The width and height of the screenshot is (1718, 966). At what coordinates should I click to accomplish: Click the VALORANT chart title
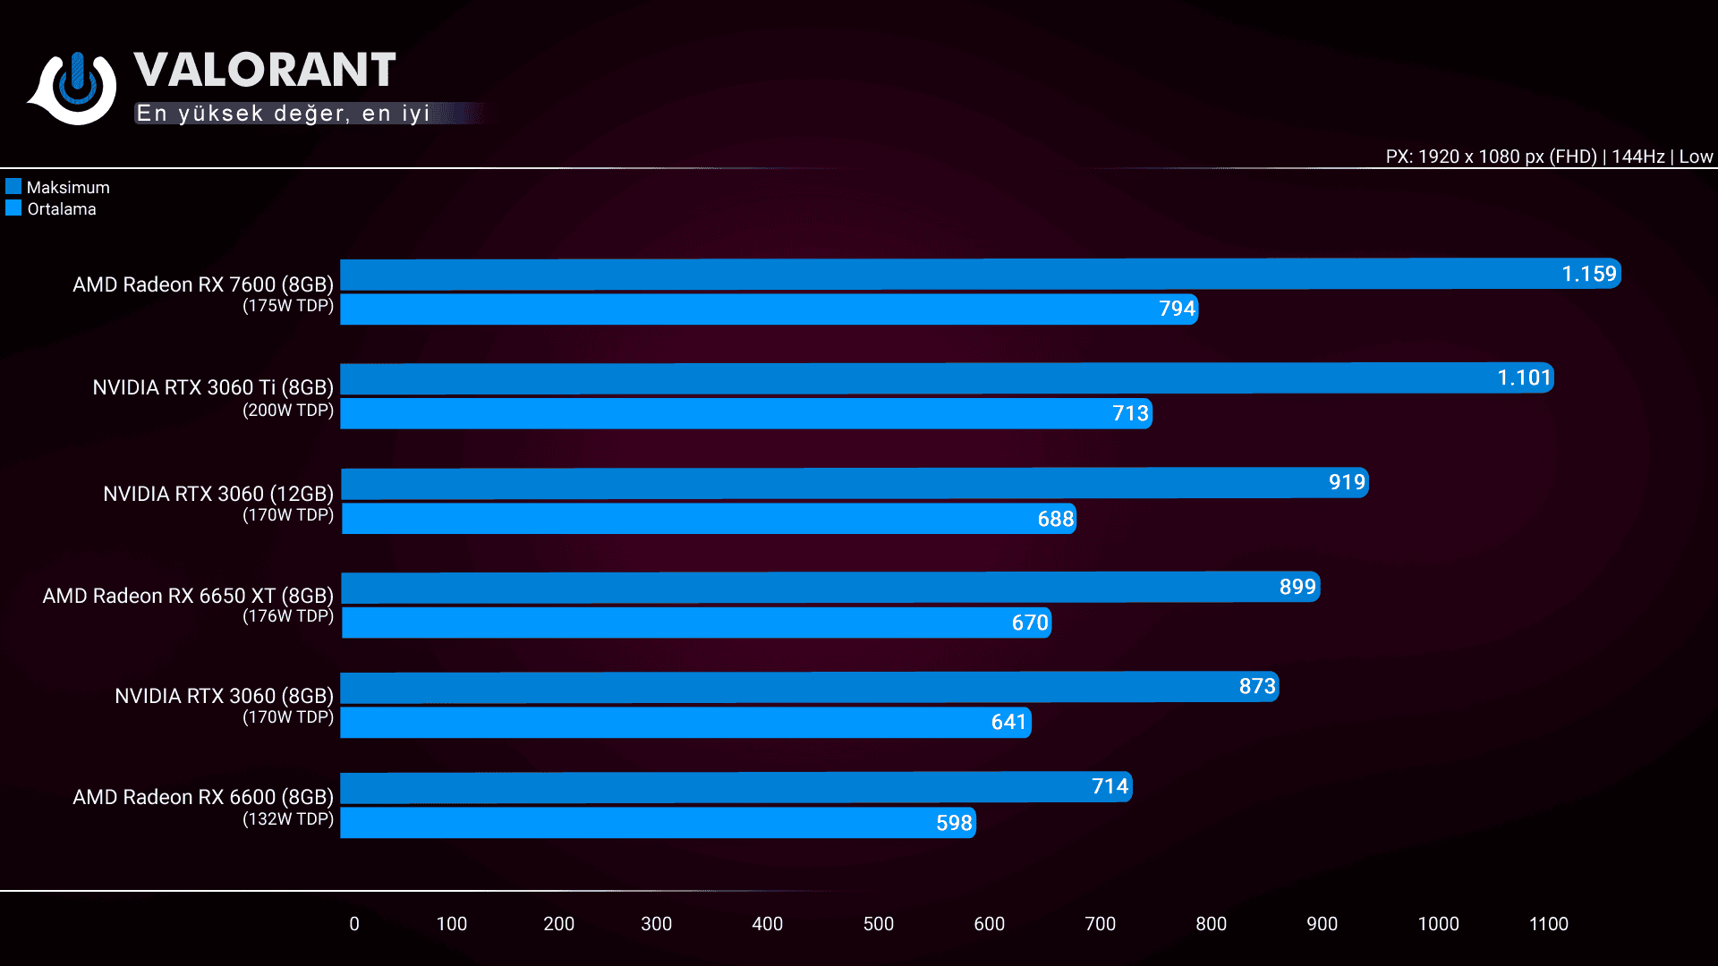coord(265,70)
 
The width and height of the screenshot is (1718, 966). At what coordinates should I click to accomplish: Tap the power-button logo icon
coord(77,87)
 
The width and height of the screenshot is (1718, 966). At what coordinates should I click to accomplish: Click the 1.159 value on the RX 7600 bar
coord(1589,274)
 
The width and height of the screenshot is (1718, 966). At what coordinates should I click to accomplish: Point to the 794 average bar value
coord(1177,309)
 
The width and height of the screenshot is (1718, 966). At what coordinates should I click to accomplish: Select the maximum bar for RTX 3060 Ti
coord(947,378)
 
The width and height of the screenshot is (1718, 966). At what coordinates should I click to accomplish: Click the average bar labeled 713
coord(746,413)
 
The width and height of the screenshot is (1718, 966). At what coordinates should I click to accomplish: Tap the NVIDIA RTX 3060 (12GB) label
coord(218,494)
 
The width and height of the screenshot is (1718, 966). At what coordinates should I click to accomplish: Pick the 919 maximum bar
coord(855,483)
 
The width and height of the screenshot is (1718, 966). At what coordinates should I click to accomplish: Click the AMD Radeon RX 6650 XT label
coord(188,596)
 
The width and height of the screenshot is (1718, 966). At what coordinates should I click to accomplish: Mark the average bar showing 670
coord(696,623)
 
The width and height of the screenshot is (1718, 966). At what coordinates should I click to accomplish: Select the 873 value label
coord(1257,686)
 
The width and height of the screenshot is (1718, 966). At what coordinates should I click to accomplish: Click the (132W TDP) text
coord(288,819)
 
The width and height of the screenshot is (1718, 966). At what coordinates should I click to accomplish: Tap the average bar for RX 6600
coord(658,823)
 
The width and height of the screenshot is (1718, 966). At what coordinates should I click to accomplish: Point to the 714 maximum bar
coord(736,787)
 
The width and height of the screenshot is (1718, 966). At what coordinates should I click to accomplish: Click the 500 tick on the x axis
coord(878,924)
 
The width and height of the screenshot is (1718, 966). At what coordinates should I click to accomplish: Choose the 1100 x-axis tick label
coord(1548,924)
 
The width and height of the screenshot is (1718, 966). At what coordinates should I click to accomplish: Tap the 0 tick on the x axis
coord(354,924)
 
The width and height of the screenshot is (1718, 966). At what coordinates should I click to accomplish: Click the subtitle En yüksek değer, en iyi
coord(284,114)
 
